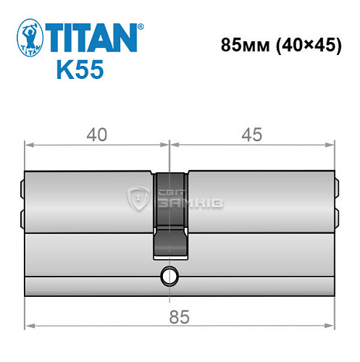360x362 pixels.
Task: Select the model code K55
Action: tap(79, 72)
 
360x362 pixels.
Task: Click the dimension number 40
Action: tap(97, 135)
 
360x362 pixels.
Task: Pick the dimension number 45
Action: tap(253, 135)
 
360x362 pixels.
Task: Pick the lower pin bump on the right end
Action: tap(338, 215)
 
